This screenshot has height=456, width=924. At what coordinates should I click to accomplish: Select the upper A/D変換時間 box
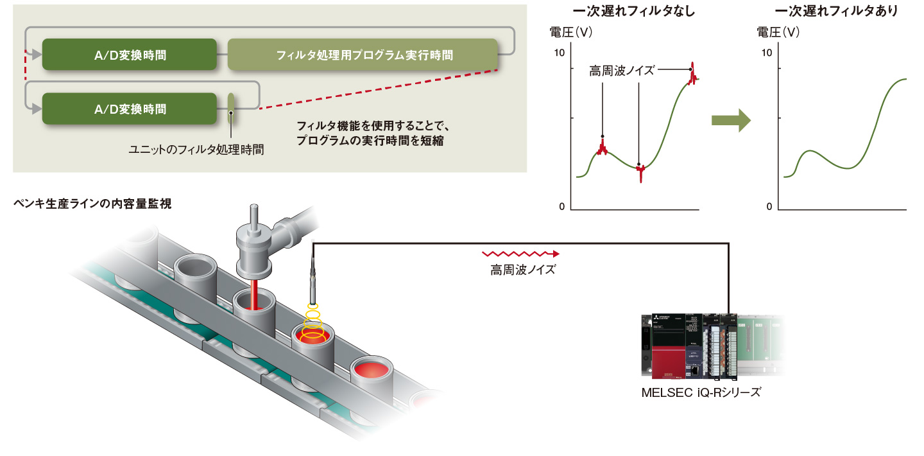[x=129, y=55]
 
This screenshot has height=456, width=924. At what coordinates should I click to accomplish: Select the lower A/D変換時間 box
[x=129, y=109]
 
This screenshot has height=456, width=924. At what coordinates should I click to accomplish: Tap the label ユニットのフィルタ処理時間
[x=196, y=149]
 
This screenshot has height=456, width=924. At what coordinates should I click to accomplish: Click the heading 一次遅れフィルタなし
[x=634, y=11]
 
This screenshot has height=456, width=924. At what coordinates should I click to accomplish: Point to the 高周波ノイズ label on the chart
[x=621, y=70]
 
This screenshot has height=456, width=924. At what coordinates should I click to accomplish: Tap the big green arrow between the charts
[x=731, y=119]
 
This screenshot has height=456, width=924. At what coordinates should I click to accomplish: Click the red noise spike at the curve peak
[x=692, y=75]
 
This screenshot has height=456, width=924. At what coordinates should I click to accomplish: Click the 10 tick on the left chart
[x=559, y=53]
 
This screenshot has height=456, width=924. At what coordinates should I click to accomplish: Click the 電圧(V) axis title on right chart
[x=778, y=31]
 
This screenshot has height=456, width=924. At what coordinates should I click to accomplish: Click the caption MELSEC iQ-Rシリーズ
[x=701, y=392]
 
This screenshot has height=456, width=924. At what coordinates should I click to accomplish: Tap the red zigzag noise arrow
[x=520, y=254]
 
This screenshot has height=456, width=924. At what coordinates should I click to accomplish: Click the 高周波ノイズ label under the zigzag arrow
[x=522, y=270]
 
